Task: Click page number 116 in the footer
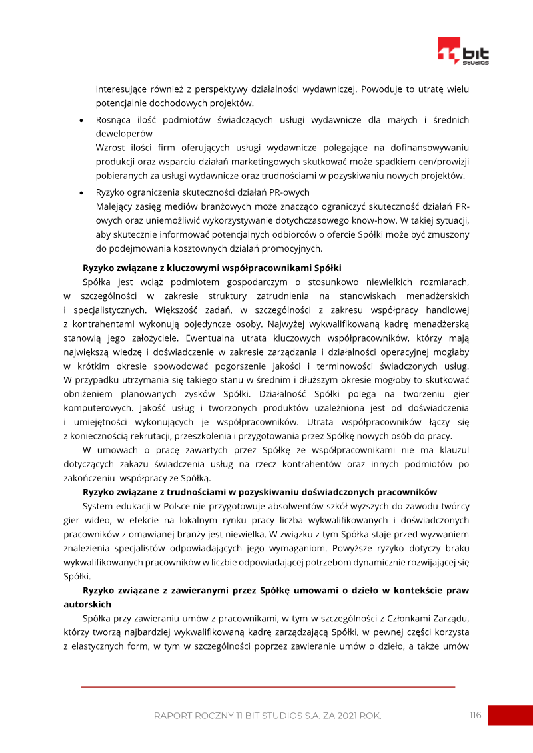pos(475,715)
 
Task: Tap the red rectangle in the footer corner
pos(510,715)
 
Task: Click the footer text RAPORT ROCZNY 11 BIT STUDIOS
pos(267,716)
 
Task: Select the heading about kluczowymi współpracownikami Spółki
pos(212,268)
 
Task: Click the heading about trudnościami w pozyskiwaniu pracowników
pos(260,492)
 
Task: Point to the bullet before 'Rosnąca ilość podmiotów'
pos(81,121)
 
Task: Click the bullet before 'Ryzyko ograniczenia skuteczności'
pos(81,193)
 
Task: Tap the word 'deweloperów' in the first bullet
pos(124,133)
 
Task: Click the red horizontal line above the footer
pos(267,686)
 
